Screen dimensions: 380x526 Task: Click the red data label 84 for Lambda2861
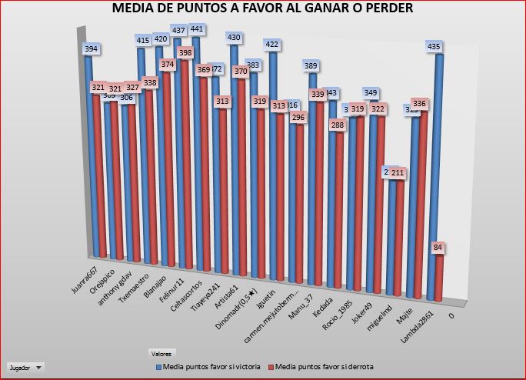pyautogui.click(x=438, y=248)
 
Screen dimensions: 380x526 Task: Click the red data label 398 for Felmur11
pyautogui.click(x=184, y=52)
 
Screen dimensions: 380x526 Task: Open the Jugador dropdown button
pyautogui.click(x=25, y=368)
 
